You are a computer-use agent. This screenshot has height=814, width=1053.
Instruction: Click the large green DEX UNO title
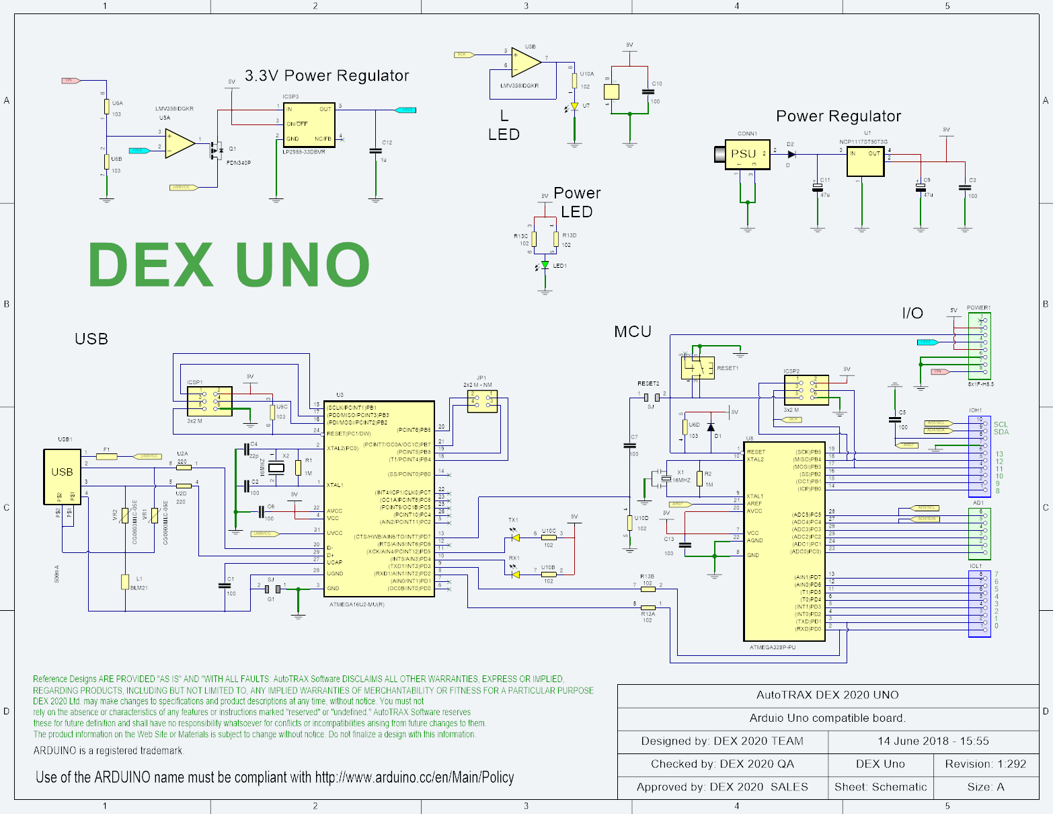[x=229, y=264]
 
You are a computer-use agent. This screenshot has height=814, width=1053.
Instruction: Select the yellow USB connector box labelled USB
[x=62, y=476]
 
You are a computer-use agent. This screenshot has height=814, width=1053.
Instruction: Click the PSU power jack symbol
[x=745, y=155]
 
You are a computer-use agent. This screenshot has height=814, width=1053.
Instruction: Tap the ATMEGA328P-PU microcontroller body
[x=784, y=542]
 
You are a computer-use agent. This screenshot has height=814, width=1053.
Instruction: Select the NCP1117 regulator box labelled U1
[x=865, y=161]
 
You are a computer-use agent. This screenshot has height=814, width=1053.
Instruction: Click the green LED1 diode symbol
[x=545, y=265]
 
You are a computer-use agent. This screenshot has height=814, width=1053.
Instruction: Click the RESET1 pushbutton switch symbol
[x=698, y=368]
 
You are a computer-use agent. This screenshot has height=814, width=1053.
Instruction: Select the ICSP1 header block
[x=210, y=402]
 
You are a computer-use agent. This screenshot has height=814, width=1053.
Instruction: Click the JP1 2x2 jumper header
[x=482, y=400]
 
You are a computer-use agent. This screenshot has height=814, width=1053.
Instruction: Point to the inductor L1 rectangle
[x=125, y=582]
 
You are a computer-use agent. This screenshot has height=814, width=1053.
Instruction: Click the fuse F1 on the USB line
[x=106, y=456]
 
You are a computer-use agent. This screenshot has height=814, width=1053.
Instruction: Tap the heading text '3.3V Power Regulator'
[x=327, y=75]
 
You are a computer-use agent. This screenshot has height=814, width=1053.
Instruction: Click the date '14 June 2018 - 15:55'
[x=933, y=741]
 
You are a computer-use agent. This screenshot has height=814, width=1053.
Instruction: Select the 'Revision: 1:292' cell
[x=985, y=764]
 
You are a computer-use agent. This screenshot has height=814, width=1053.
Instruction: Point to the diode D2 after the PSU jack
[x=791, y=154]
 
